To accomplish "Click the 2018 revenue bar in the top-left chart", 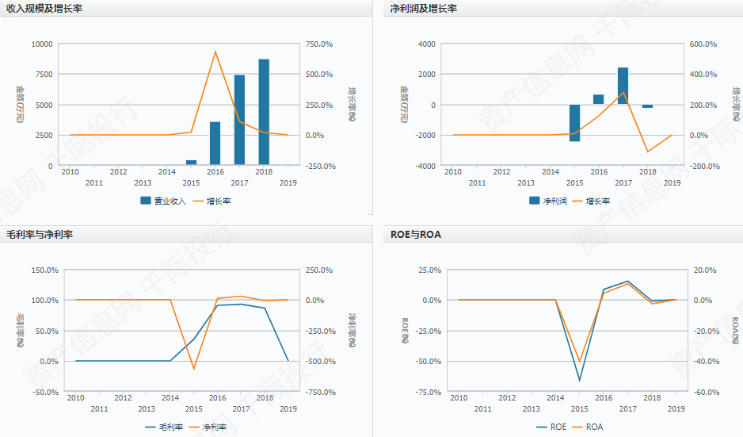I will click(x=264, y=112).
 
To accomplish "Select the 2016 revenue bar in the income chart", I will click(x=215, y=144).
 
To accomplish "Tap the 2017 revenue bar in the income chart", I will click(x=239, y=120).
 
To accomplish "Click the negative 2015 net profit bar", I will click(x=574, y=123).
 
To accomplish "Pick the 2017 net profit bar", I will click(x=623, y=86).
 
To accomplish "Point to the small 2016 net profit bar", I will click(x=598, y=99).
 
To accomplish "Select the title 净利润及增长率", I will click(x=424, y=8).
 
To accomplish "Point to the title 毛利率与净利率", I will click(x=40, y=234).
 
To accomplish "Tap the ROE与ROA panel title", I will click(x=416, y=234).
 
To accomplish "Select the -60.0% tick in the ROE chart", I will click(x=705, y=392).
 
